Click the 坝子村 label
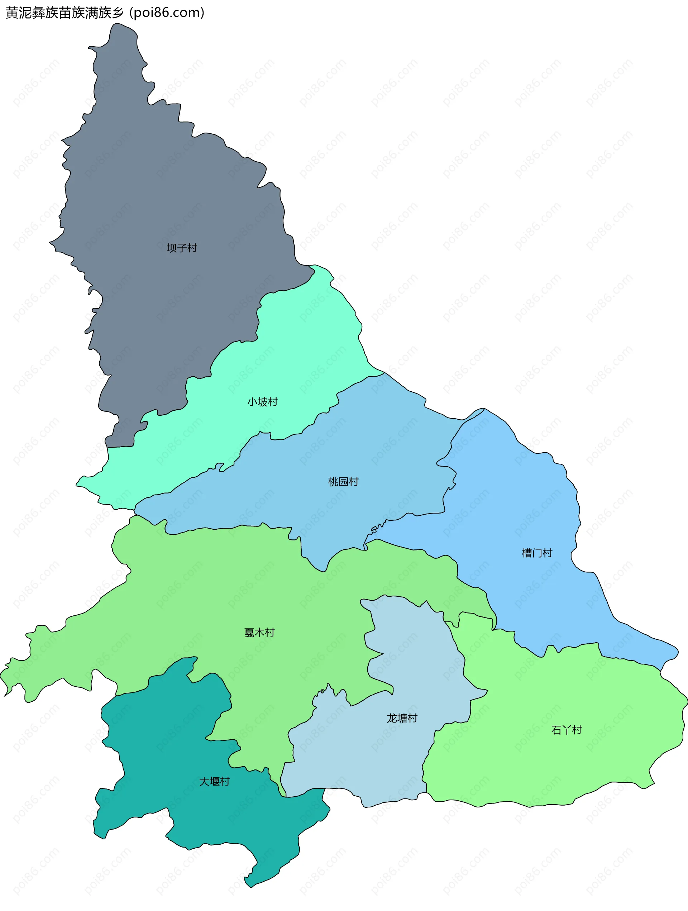(182, 248)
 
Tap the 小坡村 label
(262, 401)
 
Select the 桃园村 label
(343, 481)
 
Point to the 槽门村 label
(537, 553)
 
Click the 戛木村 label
(259, 632)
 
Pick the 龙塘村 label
(402, 718)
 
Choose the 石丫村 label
(566, 730)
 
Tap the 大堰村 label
(214, 781)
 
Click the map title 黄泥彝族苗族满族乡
(64, 13)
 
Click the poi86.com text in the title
(167, 13)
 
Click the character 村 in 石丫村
(577, 730)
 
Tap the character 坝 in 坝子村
(172, 248)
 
